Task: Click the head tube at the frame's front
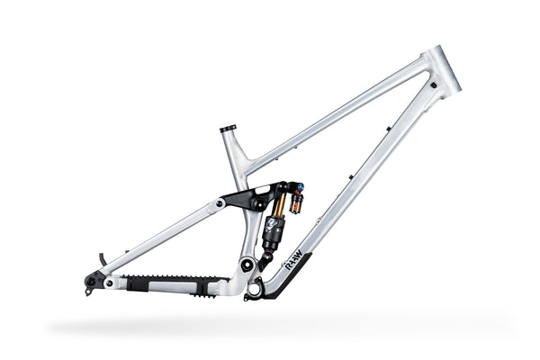coord(443,69)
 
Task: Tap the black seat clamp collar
coord(227,128)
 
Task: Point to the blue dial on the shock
coord(300,190)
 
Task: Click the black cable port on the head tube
coord(433,85)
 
